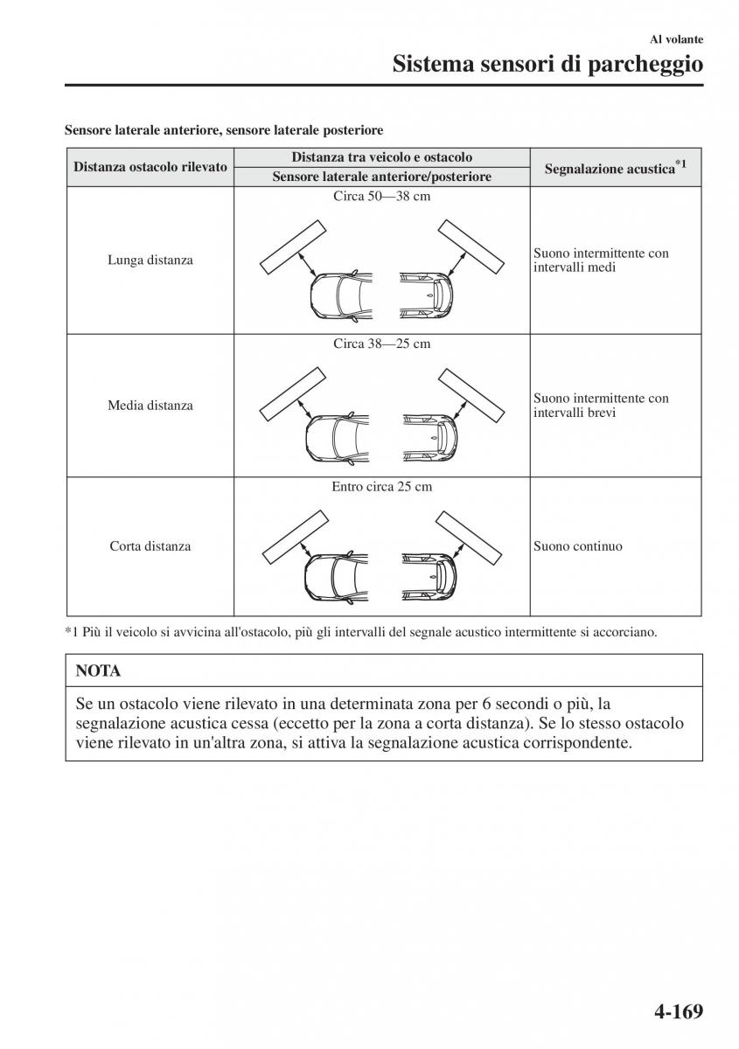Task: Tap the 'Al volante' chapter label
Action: click(677, 39)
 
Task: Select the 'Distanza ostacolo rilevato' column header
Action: click(150, 167)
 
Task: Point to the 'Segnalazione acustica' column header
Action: click(615, 168)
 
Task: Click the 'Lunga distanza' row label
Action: click(150, 260)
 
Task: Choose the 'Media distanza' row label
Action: click(150, 405)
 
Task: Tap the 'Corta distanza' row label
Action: click(150, 546)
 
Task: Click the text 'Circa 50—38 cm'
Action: click(382, 197)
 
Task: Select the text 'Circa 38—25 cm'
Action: click(382, 344)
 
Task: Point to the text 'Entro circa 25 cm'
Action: click(382, 486)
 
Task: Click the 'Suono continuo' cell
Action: click(578, 546)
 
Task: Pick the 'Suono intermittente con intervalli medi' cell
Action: click(601, 260)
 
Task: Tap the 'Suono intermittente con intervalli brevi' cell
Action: click(601, 405)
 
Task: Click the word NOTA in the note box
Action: click(98, 671)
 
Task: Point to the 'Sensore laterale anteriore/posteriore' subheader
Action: click(382, 177)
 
